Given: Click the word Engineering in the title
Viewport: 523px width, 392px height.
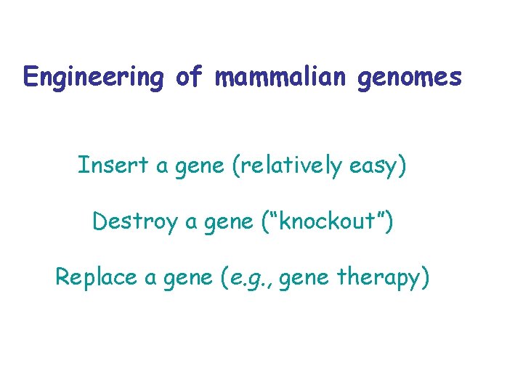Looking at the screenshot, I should tap(94, 77).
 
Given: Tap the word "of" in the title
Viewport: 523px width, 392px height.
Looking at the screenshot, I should tap(190, 76).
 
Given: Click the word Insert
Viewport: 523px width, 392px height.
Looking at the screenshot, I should tap(112, 166).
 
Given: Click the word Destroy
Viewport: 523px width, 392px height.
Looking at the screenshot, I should tap(135, 221).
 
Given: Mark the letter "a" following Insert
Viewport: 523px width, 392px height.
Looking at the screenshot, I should tap(162, 167).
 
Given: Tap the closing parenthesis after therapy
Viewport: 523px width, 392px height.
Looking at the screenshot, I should tap(425, 277).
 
